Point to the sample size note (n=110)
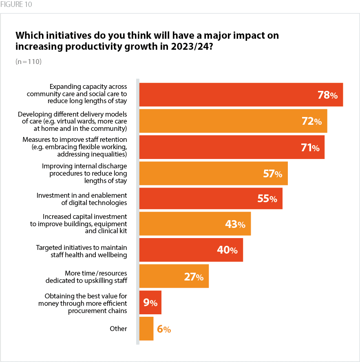[x=29, y=62]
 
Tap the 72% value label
[x=311, y=121]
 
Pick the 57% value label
[x=272, y=174]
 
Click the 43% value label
[x=235, y=224]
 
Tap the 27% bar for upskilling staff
[x=163, y=276]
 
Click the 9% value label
[x=150, y=302]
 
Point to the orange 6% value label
[x=164, y=329]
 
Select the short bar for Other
[x=146, y=329]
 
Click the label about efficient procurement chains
[x=83, y=304]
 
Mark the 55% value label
[x=267, y=199]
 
